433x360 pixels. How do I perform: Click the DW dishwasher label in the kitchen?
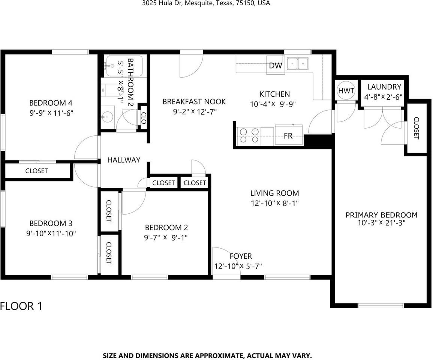[x=276, y=66]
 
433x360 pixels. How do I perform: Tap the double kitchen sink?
[x=298, y=64]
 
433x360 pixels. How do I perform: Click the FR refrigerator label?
[x=288, y=136]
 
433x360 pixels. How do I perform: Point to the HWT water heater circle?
[x=346, y=90]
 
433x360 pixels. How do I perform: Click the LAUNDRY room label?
[x=384, y=87]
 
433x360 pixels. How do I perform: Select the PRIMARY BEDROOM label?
[x=381, y=215]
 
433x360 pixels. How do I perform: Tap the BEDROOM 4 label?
[x=51, y=103]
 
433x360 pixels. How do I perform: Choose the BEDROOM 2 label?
[x=166, y=227]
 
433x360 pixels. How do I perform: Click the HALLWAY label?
[x=124, y=160]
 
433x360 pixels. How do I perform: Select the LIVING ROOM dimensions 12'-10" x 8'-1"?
[x=274, y=203]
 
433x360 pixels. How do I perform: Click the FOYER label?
[x=241, y=256]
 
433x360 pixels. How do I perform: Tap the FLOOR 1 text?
[x=21, y=306]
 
